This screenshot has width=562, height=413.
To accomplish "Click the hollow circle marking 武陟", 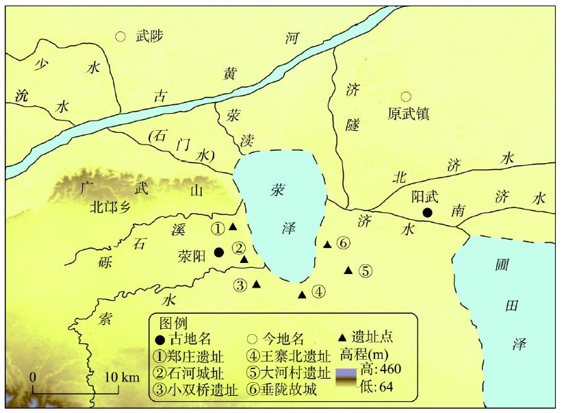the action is click(x=120, y=36).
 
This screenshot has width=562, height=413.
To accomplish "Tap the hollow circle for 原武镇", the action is click(x=406, y=97).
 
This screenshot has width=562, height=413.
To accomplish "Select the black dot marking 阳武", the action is click(x=427, y=212).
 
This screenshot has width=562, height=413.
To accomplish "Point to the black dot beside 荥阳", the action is click(x=218, y=252).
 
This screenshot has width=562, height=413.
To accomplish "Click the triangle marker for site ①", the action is click(x=233, y=227).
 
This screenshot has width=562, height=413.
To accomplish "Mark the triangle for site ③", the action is click(x=256, y=284).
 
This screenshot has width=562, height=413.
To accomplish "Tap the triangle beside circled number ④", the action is click(x=302, y=295).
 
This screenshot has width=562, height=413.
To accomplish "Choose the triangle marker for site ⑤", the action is click(x=348, y=270).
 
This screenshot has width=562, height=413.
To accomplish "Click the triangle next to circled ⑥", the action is click(x=327, y=244).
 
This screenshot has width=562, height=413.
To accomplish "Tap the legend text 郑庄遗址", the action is click(x=195, y=356).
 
